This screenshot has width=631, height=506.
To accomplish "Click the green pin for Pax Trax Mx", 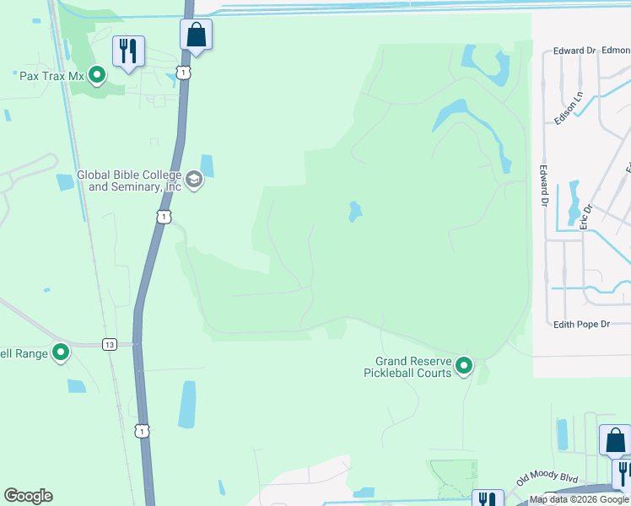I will [x=97, y=76].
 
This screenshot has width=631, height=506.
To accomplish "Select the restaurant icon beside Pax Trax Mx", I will [x=128, y=51].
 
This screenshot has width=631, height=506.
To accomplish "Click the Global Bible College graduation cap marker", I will [x=195, y=180].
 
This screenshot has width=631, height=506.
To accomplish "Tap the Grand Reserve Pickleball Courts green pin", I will [x=464, y=366].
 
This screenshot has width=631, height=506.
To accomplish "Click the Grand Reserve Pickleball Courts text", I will [x=407, y=367].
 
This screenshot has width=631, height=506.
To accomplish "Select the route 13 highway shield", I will [x=109, y=344].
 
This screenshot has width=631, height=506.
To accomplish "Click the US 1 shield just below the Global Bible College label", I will [x=164, y=218].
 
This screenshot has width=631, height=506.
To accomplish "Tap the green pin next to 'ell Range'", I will [x=61, y=352].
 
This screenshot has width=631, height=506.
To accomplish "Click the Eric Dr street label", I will [x=586, y=215].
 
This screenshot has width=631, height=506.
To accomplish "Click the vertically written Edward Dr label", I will [x=544, y=185].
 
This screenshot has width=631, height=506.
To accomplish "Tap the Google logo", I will [x=28, y=496].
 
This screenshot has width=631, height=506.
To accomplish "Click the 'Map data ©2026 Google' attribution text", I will [x=579, y=500].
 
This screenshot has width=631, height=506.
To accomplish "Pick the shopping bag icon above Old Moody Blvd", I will [x=615, y=439].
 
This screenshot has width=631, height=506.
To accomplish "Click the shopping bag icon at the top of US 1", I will [x=196, y=35].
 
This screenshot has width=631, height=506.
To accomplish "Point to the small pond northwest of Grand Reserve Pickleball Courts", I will [x=355, y=211].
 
